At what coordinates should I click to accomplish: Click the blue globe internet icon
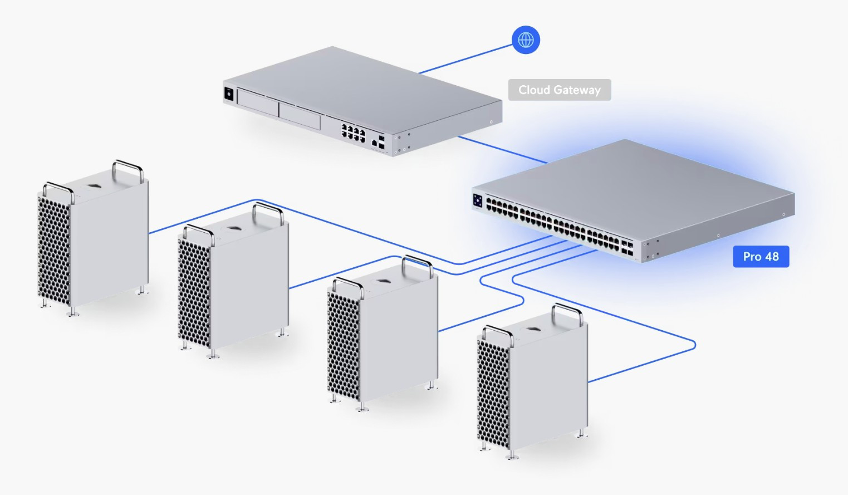[526, 40]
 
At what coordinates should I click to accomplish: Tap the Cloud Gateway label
[559, 90]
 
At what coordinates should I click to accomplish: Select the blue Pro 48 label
[761, 257]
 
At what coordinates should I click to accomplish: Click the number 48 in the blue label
[772, 257]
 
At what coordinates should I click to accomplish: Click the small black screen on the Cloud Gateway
[228, 94]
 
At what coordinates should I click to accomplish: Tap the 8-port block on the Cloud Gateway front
[353, 133]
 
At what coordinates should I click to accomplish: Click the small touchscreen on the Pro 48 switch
[478, 200]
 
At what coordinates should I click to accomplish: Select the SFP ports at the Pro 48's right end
[627, 248]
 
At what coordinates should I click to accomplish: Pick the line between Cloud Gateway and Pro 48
[501, 150]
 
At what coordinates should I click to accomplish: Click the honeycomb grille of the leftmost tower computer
[53, 251]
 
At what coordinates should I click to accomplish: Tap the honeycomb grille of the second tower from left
[194, 292]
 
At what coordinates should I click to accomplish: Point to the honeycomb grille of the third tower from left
[343, 345]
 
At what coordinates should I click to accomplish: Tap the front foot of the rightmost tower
[511, 455]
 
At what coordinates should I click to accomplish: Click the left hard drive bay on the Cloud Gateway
[258, 102]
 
